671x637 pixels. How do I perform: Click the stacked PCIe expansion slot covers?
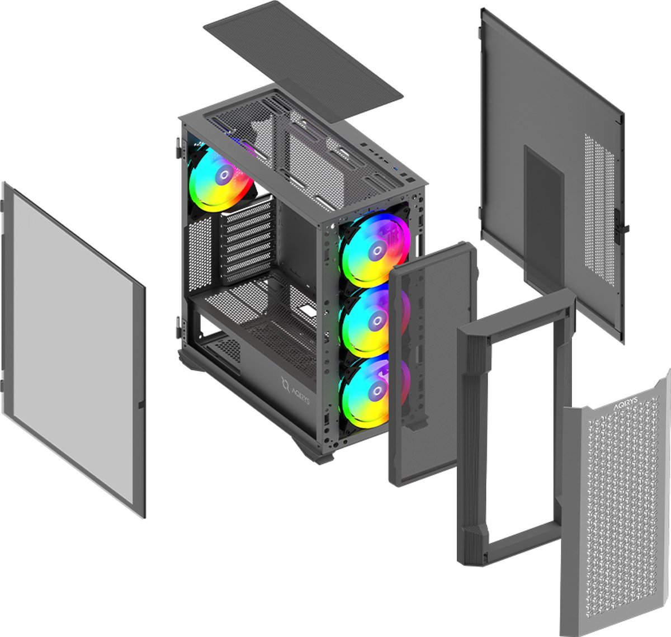click(248, 240)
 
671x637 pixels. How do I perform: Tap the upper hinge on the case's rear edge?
click(178, 148)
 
